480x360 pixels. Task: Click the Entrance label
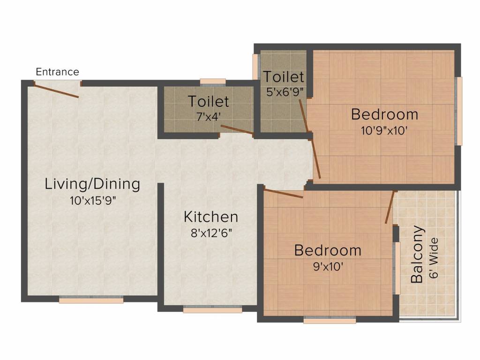(58, 72)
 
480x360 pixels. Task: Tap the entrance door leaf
(56, 90)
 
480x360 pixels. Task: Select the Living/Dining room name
(92, 184)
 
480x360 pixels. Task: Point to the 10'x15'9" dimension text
(93, 201)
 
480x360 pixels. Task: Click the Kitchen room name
(211, 217)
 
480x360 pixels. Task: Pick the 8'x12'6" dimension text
(211, 233)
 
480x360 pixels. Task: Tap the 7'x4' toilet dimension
(209, 117)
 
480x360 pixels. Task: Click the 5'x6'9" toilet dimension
(285, 91)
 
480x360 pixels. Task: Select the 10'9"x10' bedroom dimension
(384, 131)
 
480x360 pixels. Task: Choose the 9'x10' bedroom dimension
(328, 267)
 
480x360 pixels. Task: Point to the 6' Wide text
(434, 258)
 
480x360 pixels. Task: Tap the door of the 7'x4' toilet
(237, 130)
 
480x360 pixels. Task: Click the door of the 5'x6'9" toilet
(304, 116)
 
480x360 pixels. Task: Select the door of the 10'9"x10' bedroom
(315, 159)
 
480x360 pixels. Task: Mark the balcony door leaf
(390, 207)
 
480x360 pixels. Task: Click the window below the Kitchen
(212, 309)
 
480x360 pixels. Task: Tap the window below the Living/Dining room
(91, 300)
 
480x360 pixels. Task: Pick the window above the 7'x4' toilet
(213, 82)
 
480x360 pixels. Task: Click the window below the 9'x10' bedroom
(330, 320)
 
